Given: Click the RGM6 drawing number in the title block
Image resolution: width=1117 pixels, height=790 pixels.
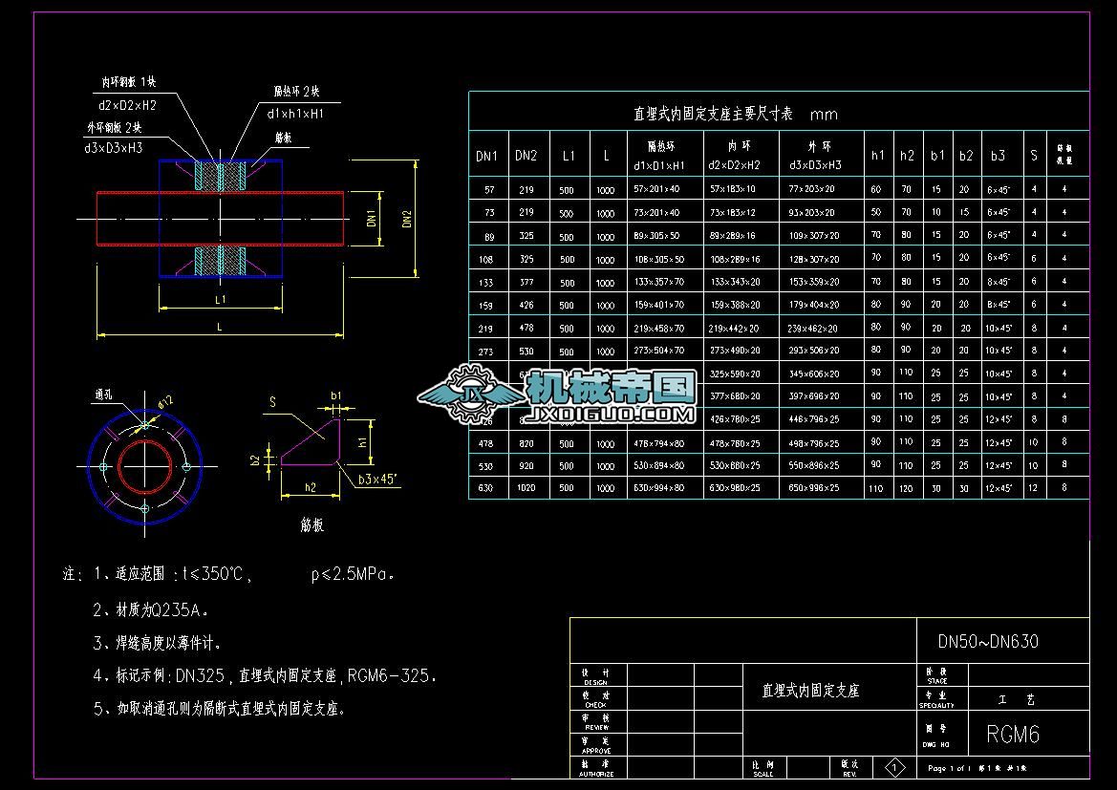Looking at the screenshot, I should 1012,735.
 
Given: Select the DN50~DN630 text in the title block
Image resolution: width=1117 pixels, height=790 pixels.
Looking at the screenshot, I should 987,642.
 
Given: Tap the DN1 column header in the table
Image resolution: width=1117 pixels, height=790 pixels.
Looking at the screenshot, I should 487,156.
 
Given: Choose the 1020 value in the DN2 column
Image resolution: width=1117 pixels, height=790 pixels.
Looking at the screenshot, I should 526,488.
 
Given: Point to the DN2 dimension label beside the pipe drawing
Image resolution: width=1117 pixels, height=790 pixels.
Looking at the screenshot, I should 406,219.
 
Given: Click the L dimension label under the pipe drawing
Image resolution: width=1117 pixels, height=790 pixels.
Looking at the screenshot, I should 220,327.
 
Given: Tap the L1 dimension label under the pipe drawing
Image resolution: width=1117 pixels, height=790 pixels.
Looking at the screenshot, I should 220,299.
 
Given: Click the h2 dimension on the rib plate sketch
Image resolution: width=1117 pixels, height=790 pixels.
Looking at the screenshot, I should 311,488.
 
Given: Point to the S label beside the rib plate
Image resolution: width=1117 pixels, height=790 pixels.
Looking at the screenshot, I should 272,403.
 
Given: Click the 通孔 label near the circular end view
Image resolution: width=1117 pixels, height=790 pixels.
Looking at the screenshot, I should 104,394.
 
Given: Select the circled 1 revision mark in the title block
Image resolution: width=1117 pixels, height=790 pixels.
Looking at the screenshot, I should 895,767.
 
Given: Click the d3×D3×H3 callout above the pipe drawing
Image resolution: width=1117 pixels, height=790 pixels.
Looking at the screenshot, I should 113,148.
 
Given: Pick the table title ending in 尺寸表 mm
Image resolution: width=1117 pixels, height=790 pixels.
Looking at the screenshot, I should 736,114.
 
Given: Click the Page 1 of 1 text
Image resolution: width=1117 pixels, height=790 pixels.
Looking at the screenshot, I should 949,768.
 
